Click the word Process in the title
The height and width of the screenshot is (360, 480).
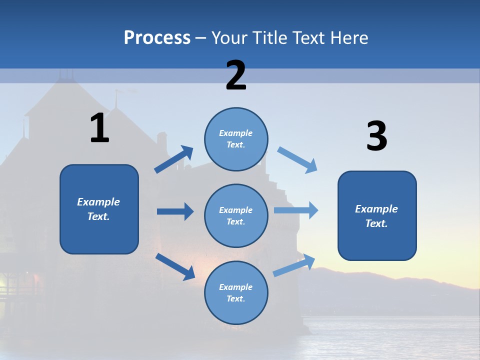[x=157, y=37]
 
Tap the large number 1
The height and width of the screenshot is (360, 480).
[x=99, y=128]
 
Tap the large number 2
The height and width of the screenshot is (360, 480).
[x=236, y=75]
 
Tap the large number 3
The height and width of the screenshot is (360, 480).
[x=376, y=136]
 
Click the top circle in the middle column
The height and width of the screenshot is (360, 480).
[x=236, y=139]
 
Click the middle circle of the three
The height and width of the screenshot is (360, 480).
[x=236, y=215]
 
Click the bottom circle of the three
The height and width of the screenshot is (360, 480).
[x=236, y=292]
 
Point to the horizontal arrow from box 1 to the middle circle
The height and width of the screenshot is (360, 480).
[x=175, y=211]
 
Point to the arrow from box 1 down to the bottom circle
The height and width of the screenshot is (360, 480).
[x=175, y=266]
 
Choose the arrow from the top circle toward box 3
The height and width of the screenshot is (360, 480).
[x=297, y=160]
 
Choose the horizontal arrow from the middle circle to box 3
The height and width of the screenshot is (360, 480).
[x=296, y=210]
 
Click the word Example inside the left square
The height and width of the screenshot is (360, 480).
[x=98, y=202]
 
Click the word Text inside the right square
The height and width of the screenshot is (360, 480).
[x=376, y=223]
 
